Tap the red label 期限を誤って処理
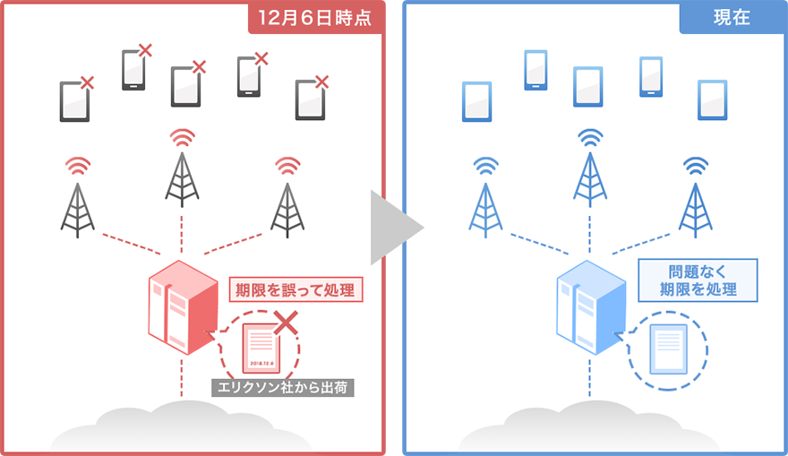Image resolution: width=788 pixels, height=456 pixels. pyautogui.click(x=295, y=289)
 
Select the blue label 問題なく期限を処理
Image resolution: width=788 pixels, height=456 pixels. pyautogui.click(x=698, y=280)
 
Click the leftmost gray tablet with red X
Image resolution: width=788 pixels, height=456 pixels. pyautogui.click(x=74, y=101)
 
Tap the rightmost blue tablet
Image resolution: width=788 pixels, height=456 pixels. pyautogui.click(x=713, y=100)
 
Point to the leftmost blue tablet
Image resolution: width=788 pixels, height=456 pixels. pyautogui.click(x=476, y=101)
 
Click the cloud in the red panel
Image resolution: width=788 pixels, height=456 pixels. pyautogui.click(x=179, y=426)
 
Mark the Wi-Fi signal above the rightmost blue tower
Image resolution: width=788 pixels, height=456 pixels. pyautogui.click(x=696, y=165)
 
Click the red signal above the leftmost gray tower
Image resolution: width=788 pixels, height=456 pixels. pyautogui.click(x=78, y=166)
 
